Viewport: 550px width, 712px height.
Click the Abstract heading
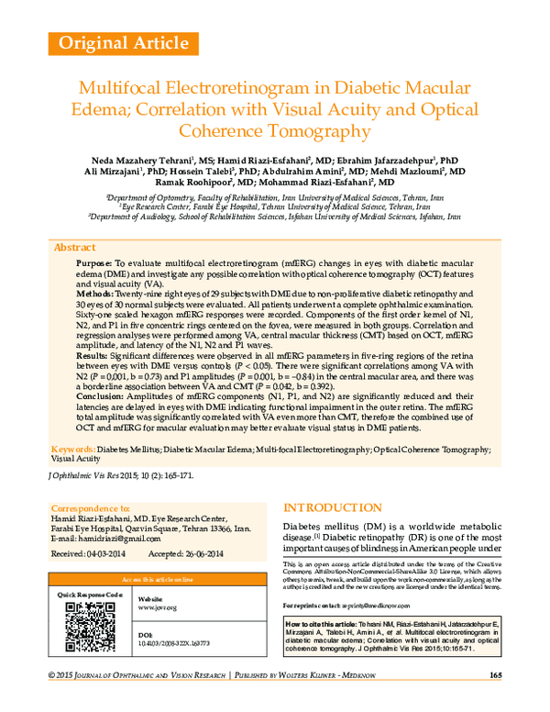(75, 248)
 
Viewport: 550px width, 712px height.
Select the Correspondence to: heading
(91, 506)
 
